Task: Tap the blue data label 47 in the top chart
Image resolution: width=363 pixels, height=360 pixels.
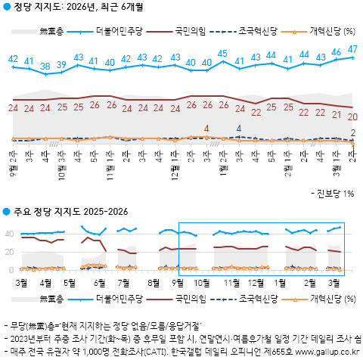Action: tap(353, 49)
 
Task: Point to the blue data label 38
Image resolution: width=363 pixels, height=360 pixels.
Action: tap(45, 67)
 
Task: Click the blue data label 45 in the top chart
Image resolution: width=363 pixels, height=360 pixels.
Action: tap(222, 54)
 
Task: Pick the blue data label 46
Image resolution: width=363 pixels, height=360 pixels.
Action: tap(337, 52)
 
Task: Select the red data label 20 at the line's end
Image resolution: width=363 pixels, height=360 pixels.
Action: tap(352, 116)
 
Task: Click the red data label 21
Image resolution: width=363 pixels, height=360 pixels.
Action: tap(337, 114)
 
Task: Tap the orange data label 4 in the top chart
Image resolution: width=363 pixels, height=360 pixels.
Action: tap(206, 129)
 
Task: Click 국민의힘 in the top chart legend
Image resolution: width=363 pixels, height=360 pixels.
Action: tap(190, 31)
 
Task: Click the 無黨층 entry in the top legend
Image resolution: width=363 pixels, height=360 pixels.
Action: tap(51, 31)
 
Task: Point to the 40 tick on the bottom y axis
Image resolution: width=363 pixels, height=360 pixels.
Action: tap(10, 234)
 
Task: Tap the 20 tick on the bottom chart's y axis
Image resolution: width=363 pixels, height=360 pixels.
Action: tap(10, 252)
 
